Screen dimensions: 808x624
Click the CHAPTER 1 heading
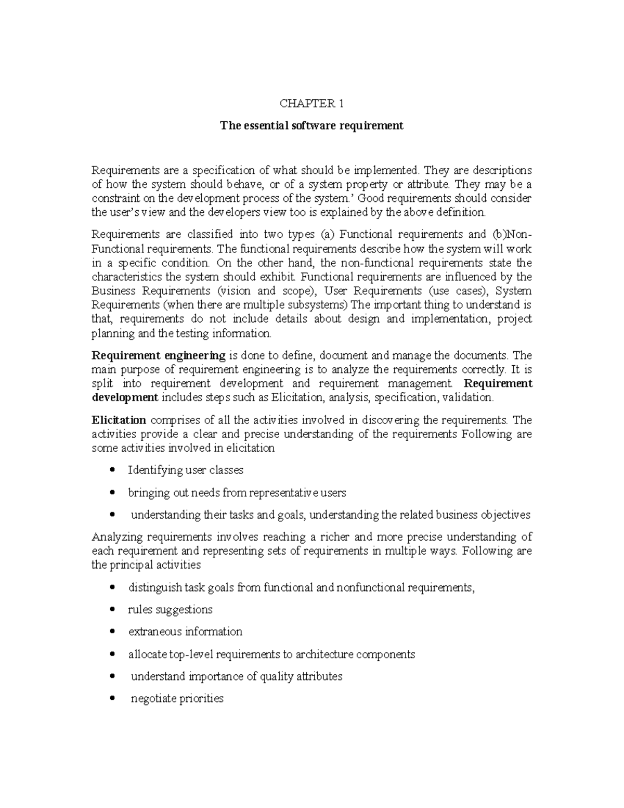tap(311, 104)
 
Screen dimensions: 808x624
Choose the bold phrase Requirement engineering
tap(158, 355)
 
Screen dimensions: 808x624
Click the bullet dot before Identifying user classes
tap(113, 470)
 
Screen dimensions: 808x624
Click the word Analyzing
tap(117, 537)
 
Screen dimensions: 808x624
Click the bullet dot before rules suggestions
tap(113, 610)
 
